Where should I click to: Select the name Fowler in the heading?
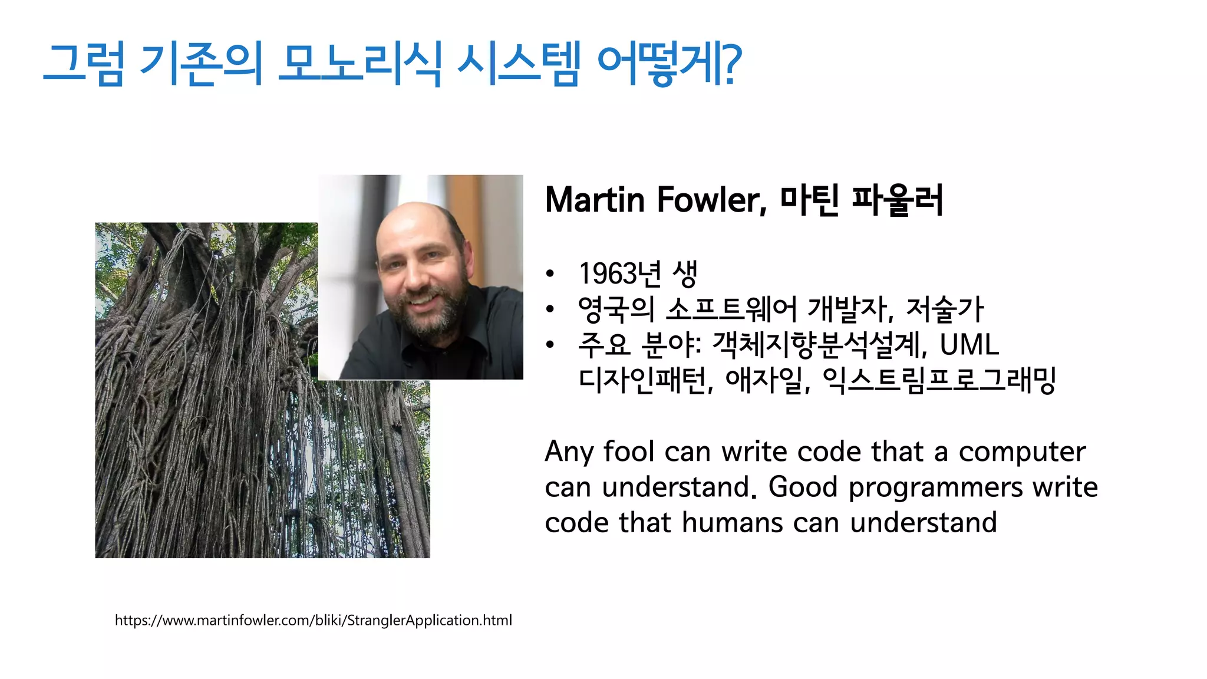(x=711, y=200)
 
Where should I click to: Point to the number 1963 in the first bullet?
(x=607, y=273)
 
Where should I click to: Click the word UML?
(x=969, y=345)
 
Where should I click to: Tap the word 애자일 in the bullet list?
(x=764, y=380)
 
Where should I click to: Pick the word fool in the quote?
(x=629, y=452)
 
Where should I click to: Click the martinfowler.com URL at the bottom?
(x=313, y=620)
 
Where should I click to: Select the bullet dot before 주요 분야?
(x=550, y=345)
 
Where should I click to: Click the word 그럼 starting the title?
(x=84, y=64)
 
